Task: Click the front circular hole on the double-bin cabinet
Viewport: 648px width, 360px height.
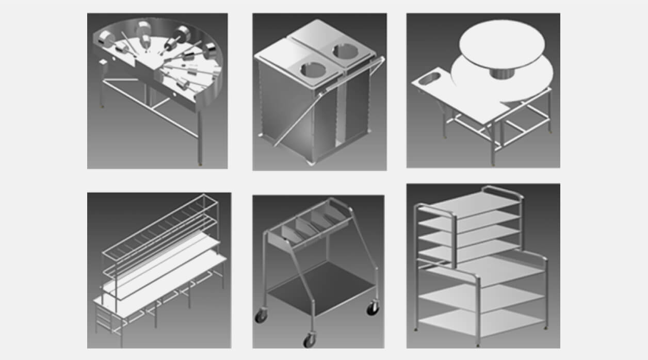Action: point(310,69)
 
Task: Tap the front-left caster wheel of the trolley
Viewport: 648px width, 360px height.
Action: point(261,316)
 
